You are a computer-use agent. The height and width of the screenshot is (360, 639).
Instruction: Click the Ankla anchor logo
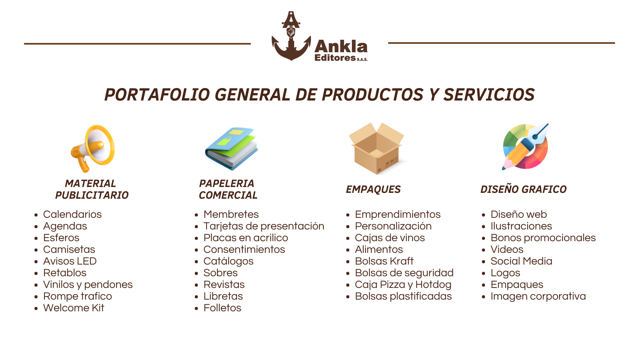(291, 37)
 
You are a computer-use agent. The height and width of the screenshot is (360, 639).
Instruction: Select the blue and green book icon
(231, 148)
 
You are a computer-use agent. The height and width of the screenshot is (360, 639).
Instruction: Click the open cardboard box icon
(376, 148)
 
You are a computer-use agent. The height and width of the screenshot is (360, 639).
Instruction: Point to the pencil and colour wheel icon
(526, 147)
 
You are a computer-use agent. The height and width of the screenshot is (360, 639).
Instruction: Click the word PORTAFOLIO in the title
(157, 95)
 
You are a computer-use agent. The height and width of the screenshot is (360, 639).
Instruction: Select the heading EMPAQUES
(373, 189)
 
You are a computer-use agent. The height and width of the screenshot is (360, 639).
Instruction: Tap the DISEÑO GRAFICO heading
(523, 189)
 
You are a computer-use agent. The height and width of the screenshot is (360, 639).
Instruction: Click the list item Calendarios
(72, 214)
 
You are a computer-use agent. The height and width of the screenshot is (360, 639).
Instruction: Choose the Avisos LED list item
(70, 261)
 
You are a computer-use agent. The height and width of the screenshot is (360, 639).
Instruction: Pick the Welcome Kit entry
(74, 308)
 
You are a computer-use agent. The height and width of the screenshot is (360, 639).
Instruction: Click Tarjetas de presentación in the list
(264, 226)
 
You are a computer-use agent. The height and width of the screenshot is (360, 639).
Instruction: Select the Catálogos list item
(228, 261)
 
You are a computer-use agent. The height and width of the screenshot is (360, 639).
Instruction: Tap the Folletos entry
(222, 308)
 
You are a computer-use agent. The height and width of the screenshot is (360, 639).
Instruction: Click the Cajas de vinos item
(390, 238)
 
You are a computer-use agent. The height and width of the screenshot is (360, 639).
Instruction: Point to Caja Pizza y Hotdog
(403, 284)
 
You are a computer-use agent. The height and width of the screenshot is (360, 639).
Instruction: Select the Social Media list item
(521, 261)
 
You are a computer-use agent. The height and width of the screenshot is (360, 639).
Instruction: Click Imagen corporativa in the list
(538, 296)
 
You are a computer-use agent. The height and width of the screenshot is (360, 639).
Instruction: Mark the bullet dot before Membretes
(197, 215)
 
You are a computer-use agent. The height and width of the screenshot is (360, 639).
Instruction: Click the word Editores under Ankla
(335, 58)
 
